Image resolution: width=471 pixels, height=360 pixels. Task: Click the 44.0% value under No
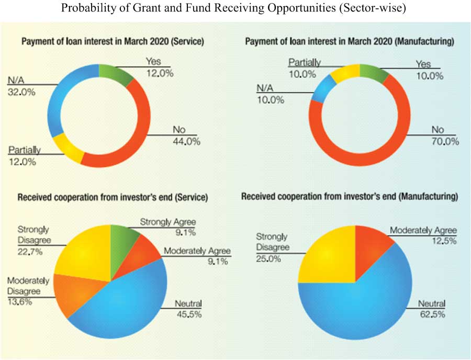186,142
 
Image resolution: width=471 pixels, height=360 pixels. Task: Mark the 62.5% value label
431,314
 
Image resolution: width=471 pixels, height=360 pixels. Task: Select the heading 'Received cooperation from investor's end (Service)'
113,198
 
